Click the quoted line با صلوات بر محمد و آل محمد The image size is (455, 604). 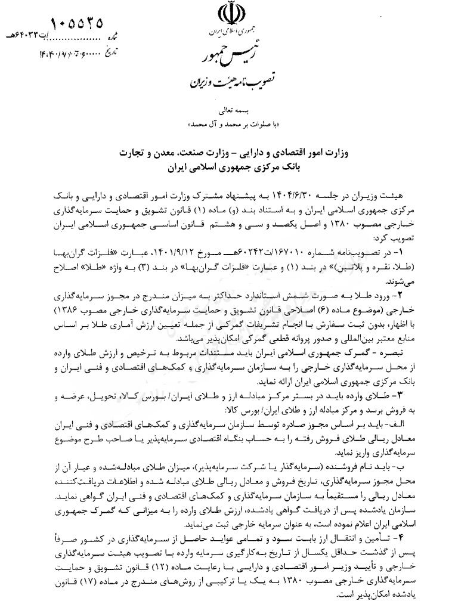229,125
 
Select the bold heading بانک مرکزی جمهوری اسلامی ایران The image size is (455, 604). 229,169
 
